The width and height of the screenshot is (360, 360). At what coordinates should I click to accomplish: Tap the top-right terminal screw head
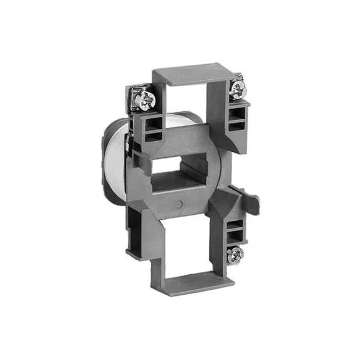pyautogui.click(x=238, y=88)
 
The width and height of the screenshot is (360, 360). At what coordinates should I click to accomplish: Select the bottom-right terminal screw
pyautogui.click(x=236, y=253)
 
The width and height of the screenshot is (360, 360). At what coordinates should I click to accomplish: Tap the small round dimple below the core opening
pyautogui.click(x=181, y=205)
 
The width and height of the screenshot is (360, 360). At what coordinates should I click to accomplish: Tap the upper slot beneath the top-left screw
pyautogui.click(x=150, y=123)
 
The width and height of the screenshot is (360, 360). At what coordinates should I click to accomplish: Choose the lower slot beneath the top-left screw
pyautogui.click(x=150, y=136)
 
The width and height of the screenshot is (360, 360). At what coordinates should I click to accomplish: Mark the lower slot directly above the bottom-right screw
pyautogui.click(x=236, y=236)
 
